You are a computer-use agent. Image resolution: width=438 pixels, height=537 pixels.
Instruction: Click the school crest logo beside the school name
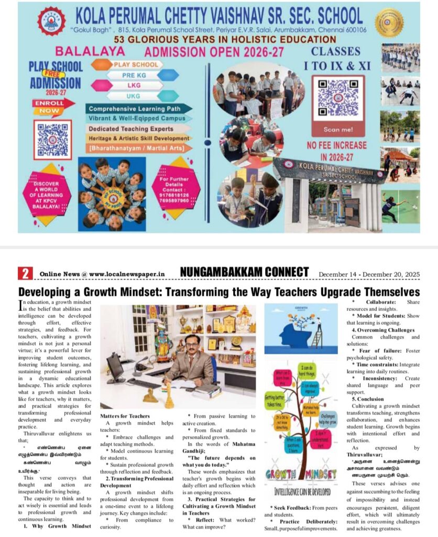coord(51,20)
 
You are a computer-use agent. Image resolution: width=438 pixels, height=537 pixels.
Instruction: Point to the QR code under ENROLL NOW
coord(52,139)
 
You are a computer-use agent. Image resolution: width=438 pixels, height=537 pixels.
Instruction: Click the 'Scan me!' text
coord(338,129)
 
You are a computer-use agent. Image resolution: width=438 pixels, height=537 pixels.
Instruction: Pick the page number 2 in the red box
coord(25,273)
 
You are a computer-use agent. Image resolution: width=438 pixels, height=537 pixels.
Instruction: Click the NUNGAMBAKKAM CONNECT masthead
coord(244,272)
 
